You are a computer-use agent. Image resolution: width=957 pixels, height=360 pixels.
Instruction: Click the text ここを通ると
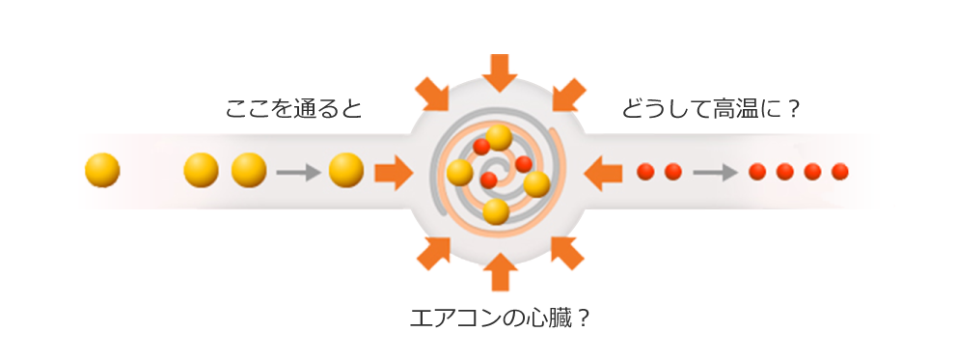[x=293, y=108]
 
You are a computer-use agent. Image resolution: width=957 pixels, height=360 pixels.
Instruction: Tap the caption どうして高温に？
[x=711, y=108]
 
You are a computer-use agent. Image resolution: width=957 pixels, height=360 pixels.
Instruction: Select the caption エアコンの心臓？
[x=499, y=318]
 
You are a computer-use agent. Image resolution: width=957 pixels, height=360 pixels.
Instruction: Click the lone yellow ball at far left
[x=102, y=171]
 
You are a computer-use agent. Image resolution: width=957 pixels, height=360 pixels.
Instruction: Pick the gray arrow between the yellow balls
[x=297, y=173]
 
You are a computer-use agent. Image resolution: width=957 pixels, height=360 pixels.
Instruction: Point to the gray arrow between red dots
[x=715, y=173]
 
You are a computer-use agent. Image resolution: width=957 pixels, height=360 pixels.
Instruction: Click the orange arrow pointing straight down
[x=499, y=71]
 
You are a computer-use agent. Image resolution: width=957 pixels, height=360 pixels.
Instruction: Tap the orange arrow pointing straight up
[x=499, y=271]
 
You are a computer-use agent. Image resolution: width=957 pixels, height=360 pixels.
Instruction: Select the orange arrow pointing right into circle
[x=393, y=174]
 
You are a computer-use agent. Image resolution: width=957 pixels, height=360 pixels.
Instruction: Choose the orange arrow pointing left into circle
[x=605, y=173]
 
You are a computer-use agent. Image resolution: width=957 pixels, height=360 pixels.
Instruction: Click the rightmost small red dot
[x=840, y=172]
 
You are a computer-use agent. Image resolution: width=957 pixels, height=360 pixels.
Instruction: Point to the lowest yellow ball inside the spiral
[x=496, y=211]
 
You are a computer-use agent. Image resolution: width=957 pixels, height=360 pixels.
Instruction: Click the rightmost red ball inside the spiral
[x=524, y=164]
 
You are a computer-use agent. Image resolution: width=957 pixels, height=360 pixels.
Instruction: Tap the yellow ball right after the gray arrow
[x=346, y=171]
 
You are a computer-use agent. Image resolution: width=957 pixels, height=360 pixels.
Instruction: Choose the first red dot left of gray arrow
[x=673, y=172]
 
